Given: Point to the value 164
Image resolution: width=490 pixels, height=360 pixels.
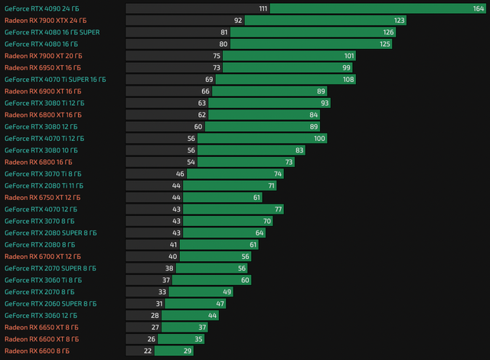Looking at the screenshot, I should tap(479, 8).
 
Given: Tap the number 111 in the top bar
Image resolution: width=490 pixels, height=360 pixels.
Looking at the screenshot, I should tap(263, 8).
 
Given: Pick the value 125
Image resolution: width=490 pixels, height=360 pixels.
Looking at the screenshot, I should tap(384, 44).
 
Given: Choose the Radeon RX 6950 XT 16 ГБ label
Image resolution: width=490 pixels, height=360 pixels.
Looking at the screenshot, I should tap(42, 67).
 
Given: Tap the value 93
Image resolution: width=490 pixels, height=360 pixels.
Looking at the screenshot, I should tap(325, 103).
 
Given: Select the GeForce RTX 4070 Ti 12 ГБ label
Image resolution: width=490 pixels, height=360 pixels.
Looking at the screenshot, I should tap(44, 139).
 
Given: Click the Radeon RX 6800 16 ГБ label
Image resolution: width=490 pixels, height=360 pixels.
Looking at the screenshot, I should tap(38, 162).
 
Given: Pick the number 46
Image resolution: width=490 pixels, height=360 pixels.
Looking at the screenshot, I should tap(180, 174).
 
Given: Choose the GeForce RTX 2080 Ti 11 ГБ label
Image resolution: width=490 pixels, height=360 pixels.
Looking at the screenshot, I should tap(44, 185).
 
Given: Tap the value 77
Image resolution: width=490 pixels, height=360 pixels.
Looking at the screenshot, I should tap(279, 209).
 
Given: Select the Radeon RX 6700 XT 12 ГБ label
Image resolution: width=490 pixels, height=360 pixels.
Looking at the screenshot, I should tap(42, 256).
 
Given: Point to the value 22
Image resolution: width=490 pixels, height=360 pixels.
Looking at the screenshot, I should tap(148, 351).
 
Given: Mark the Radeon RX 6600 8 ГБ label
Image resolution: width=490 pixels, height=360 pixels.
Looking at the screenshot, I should tap(37, 351).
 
